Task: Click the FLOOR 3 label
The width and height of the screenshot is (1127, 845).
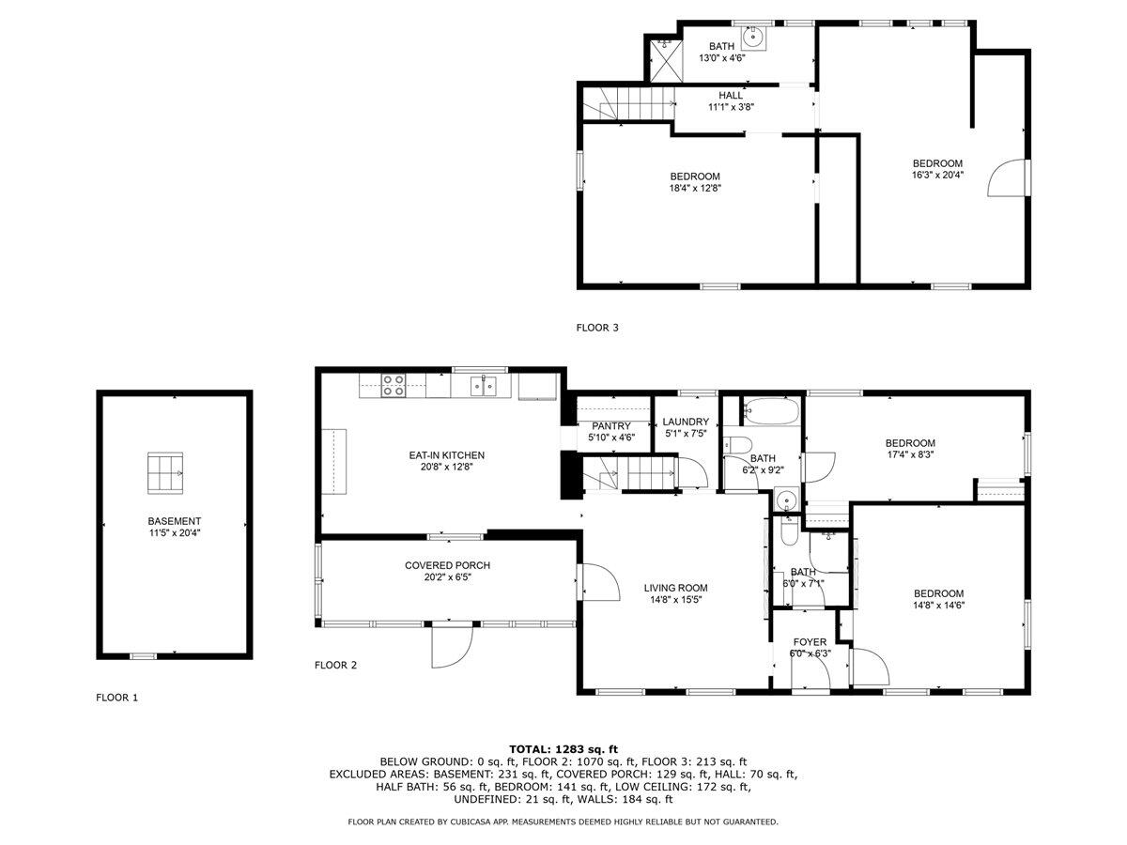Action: pyautogui.click(x=597, y=328)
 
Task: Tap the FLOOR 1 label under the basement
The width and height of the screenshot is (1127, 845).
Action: pyautogui.click(x=116, y=698)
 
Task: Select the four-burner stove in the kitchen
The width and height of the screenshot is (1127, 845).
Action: pyautogui.click(x=393, y=385)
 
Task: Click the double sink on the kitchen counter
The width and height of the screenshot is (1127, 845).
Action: pyautogui.click(x=484, y=385)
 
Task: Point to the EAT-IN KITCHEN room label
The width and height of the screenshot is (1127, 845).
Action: pyautogui.click(x=447, y=455)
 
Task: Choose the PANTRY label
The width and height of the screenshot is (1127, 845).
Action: pyautogui.click(x=610, y=425)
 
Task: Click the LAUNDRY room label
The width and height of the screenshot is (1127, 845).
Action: pyautogui.click(x=686, y=422)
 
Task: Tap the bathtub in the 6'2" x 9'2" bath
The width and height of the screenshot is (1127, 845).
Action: pyautogui.click(x=770, y=410)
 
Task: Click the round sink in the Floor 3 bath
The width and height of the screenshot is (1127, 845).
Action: pyautogui.click(x=752, y=38)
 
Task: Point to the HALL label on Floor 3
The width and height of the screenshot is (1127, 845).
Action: pyautogui.click(x=731, y=95)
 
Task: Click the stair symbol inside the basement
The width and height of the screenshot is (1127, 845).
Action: pyautogui.click(x=165, y=471)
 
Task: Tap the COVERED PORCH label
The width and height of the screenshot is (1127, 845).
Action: pyautogui.click(x=447, y=565)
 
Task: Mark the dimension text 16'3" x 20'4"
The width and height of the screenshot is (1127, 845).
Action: pyautogui.click(x=936, y=175)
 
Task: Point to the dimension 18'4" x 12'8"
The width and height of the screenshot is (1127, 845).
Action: pyautogui.click(x=695, y=188)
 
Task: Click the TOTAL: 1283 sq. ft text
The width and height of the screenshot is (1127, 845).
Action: pyautogui.click(x=563, y=748)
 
